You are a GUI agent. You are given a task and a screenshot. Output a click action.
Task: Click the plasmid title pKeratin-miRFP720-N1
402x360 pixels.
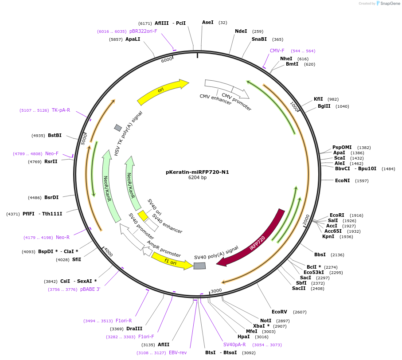[197, 172]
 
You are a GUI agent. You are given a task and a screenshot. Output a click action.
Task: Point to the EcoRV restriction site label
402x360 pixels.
[280, 312]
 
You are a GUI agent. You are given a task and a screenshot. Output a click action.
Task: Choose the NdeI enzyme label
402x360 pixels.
[241, 31]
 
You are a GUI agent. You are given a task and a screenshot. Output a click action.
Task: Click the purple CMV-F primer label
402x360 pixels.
[277, 51]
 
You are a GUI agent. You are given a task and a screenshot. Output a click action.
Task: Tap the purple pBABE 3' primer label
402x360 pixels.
[90, 290]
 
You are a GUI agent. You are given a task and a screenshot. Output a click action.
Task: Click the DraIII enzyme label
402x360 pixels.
[134, 329]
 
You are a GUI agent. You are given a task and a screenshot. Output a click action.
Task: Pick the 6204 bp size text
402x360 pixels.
[197, 178]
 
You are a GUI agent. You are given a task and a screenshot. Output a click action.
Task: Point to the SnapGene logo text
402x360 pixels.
[390, 4]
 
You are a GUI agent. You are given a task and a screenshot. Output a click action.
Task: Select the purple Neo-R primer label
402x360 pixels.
[62, 238]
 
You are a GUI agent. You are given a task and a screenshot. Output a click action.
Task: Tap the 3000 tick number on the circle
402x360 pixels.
[216, 291]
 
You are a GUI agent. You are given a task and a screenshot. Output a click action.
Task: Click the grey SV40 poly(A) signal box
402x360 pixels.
[199, 266]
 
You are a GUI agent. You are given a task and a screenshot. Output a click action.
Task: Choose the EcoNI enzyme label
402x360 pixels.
[342, 180]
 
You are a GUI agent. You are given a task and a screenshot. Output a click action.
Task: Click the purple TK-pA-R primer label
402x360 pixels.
[61, 110]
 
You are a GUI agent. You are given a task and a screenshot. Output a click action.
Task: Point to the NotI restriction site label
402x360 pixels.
[265, 321]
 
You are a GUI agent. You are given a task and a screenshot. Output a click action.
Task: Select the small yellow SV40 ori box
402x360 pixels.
[143, 215]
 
